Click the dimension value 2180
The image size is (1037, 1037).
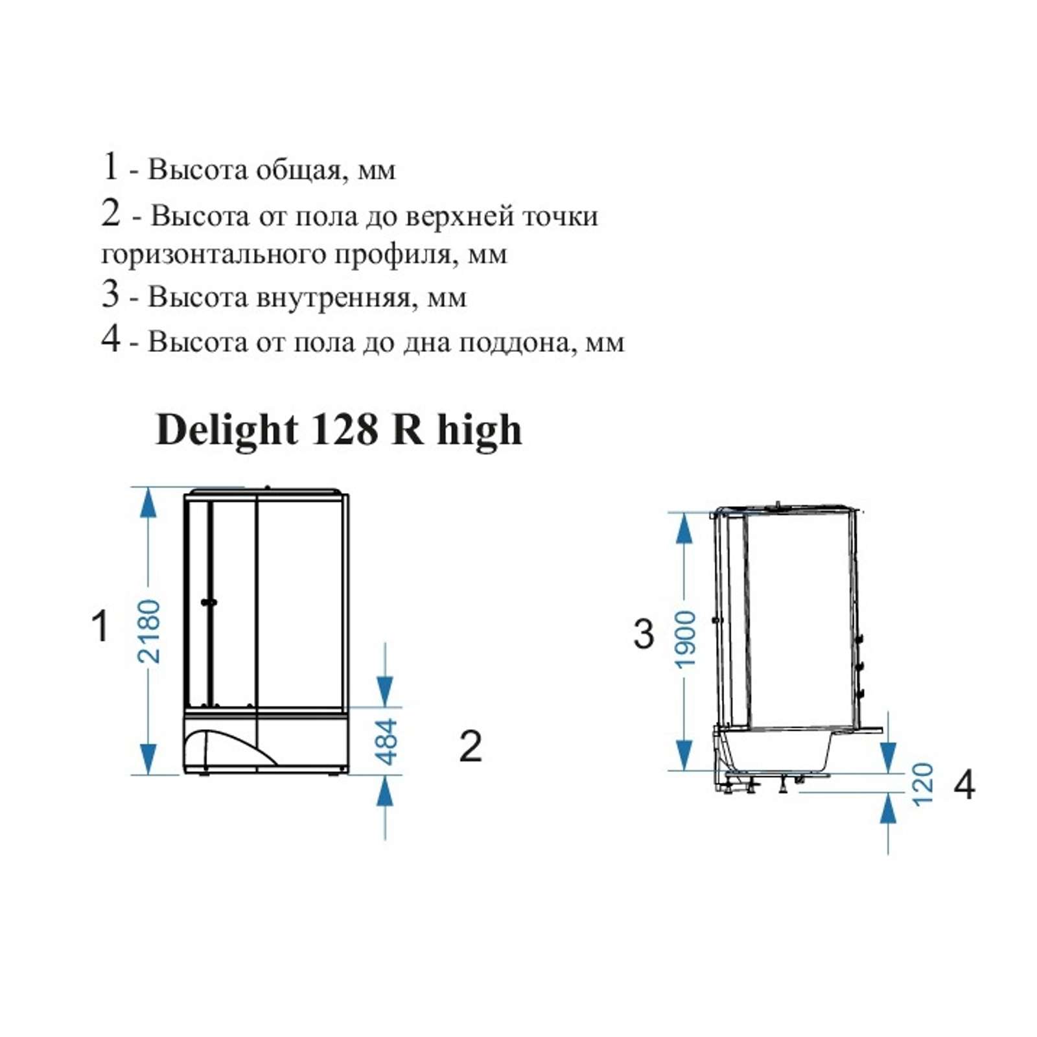148,631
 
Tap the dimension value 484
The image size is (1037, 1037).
386,741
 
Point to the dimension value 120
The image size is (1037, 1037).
922,784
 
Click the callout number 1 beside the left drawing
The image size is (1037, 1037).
100,626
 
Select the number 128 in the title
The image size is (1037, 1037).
345,429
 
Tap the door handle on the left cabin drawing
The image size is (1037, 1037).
209,602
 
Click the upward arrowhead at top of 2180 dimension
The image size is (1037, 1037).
148,503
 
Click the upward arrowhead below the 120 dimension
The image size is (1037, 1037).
888,808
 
